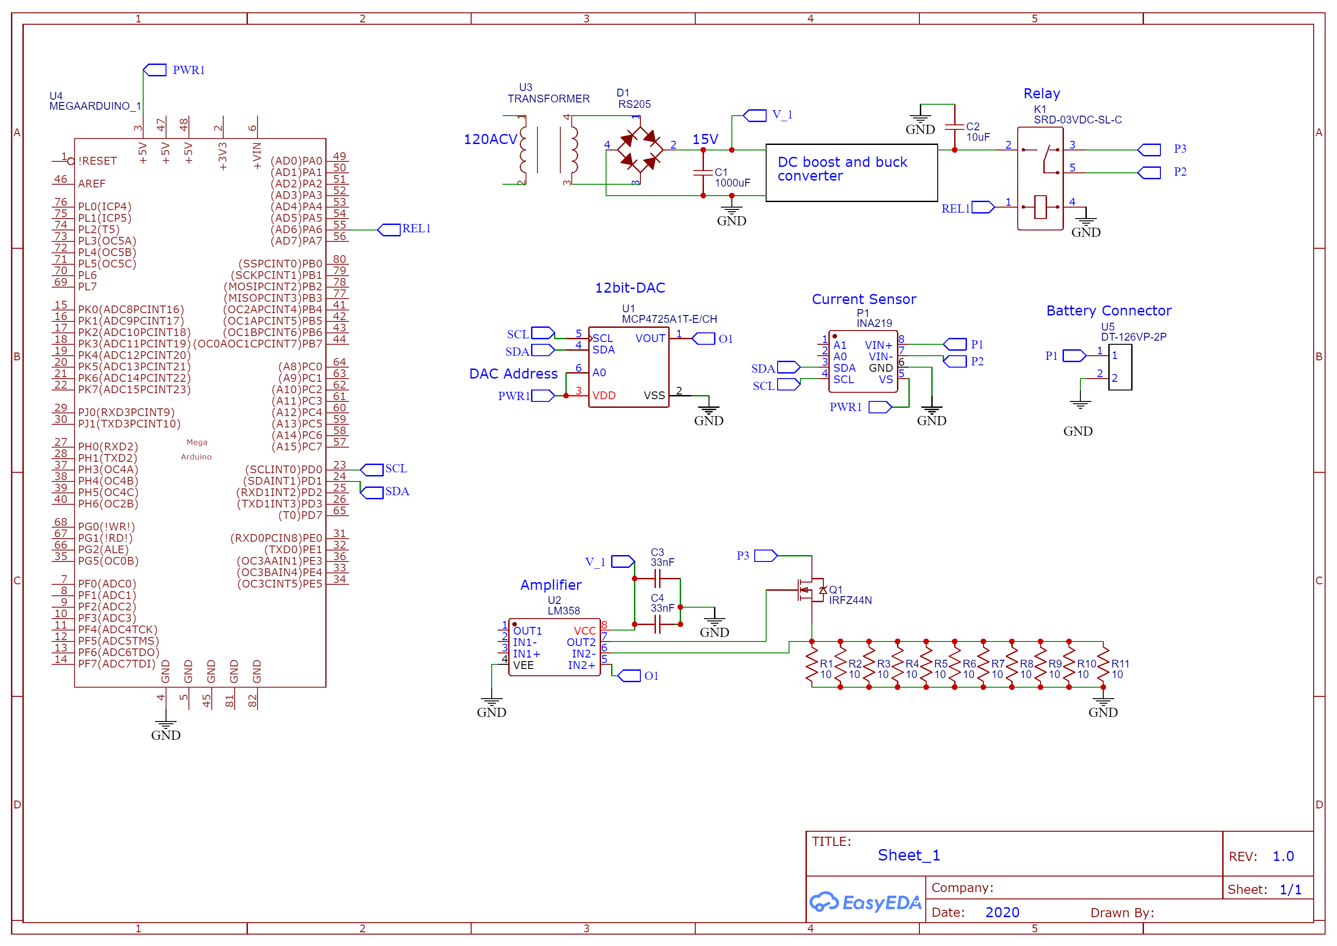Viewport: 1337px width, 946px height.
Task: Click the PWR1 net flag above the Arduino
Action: point(155,70)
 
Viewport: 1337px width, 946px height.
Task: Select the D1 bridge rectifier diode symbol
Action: point(639,150)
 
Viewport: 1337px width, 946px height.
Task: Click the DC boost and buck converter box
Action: point(851,172)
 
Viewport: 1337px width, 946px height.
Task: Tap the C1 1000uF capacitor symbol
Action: point(703,172)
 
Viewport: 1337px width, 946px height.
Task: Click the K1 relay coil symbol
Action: point(1041,207)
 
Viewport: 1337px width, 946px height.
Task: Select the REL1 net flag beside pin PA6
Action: point(389,230)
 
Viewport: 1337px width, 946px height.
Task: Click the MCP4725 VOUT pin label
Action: point(650,338)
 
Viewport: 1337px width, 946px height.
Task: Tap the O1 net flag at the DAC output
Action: point(704,338)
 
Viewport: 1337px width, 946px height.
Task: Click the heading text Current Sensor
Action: point(864,299)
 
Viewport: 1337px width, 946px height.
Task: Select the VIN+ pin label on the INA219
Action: point(878,345)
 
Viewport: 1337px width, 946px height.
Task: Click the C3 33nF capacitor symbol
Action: point(657,578)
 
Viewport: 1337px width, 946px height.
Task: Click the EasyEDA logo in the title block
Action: point(864,902)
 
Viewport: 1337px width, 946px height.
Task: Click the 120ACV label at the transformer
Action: point(490,139)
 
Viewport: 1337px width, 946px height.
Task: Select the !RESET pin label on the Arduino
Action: point(97,161)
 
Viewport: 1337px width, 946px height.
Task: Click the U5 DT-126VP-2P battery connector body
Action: point(1120,367)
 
